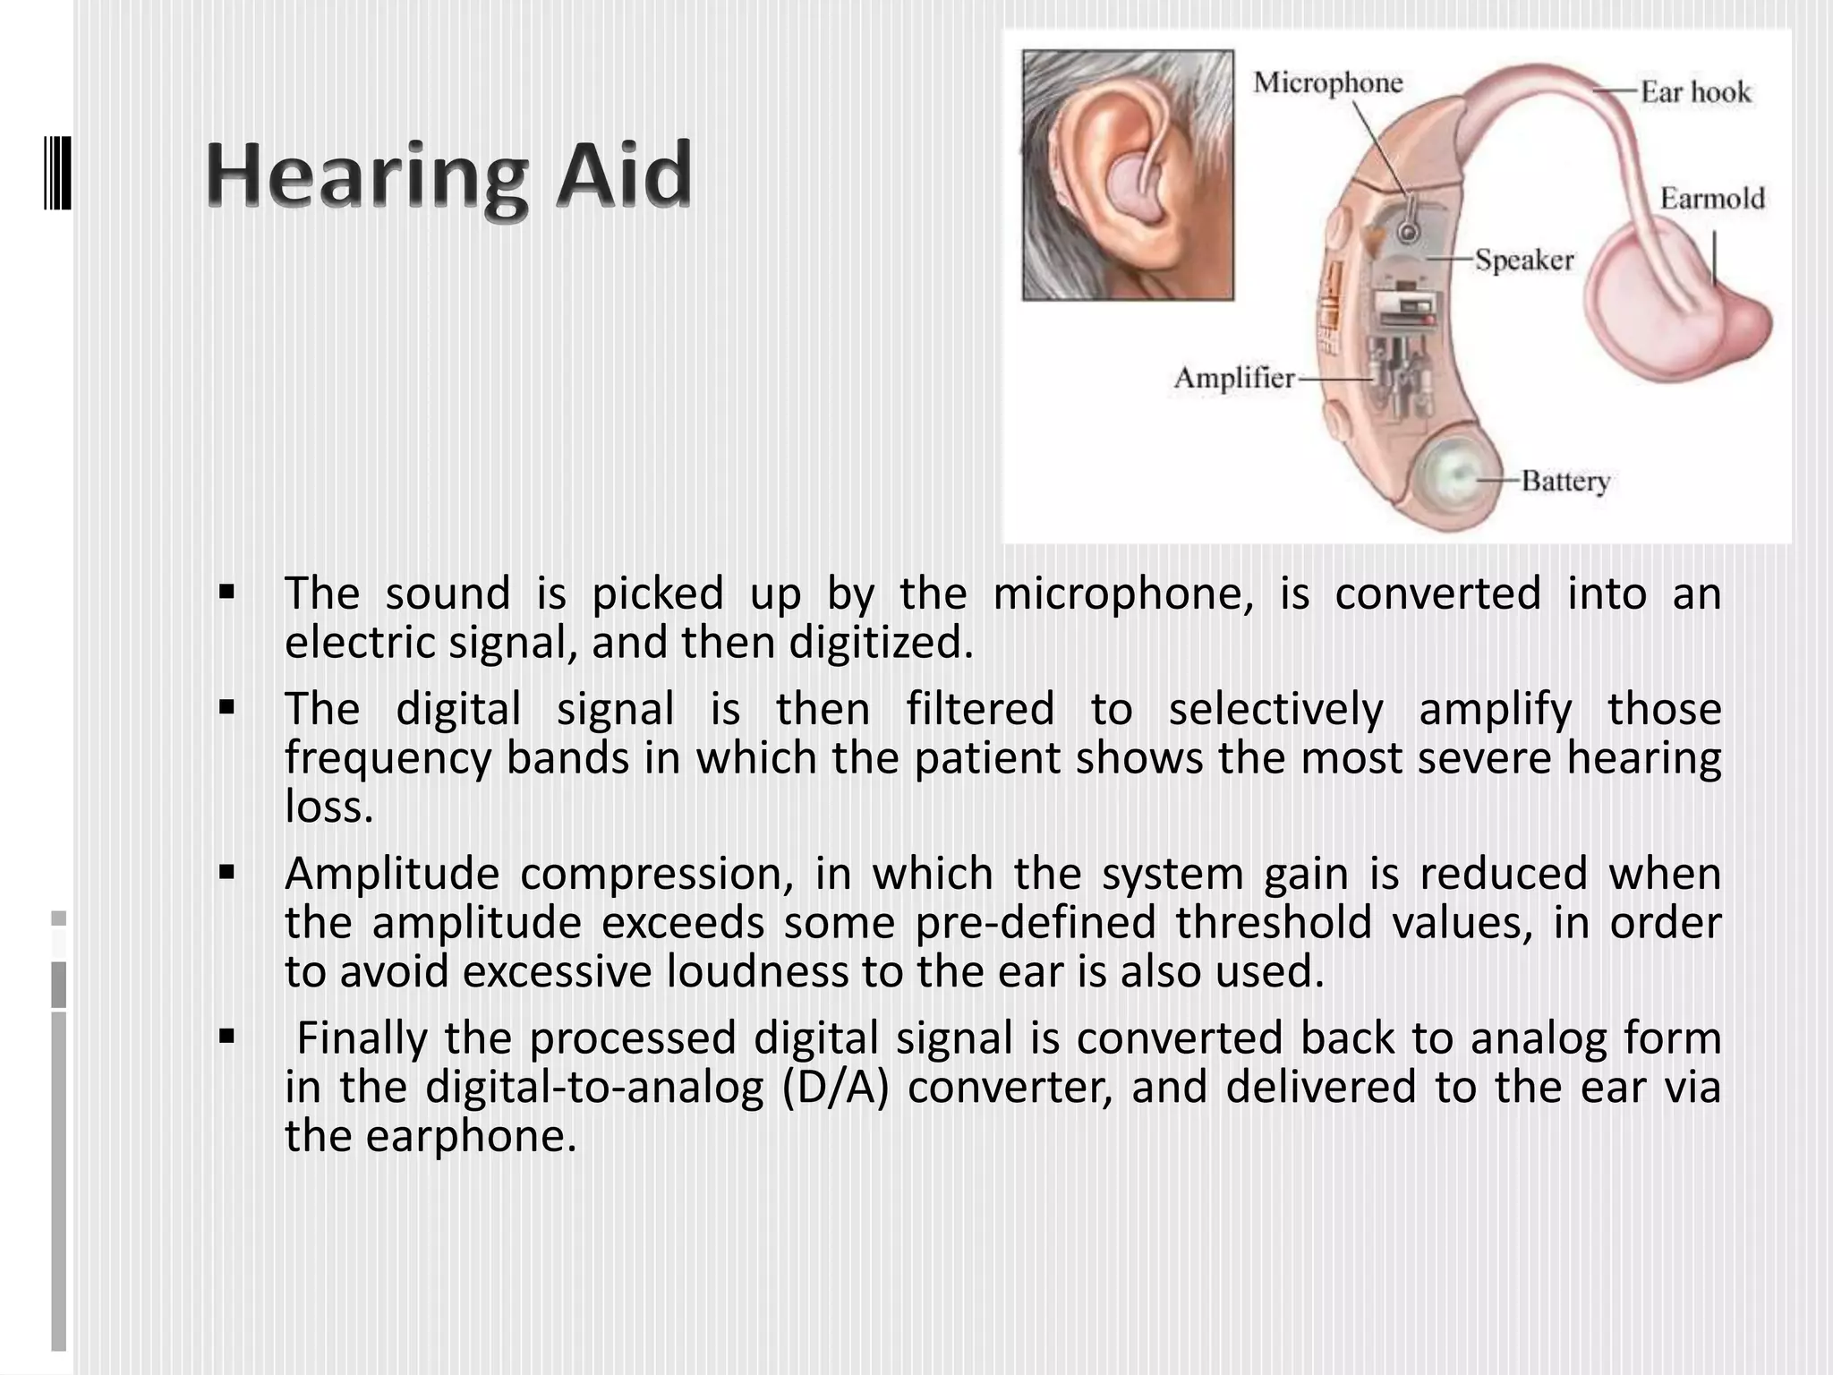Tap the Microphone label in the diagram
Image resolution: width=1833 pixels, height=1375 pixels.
point(1327,82)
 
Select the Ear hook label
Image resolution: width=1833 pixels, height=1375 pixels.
point(1695,91)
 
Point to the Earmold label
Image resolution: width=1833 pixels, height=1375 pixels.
point(1711,198)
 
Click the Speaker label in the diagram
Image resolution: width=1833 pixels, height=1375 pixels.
point(1523,260)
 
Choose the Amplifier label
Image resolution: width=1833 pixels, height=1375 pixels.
point(1234,378)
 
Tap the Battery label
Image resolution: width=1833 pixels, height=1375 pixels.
point(1565,481)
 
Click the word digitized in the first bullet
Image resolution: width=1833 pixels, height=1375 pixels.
point(881,643)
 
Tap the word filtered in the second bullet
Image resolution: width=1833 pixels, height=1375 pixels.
point(980,709)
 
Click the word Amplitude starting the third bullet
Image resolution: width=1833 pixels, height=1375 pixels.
point(392,874)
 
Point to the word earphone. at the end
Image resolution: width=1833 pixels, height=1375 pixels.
point(471,1136)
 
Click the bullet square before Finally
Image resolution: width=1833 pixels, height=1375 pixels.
point(226,1037)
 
